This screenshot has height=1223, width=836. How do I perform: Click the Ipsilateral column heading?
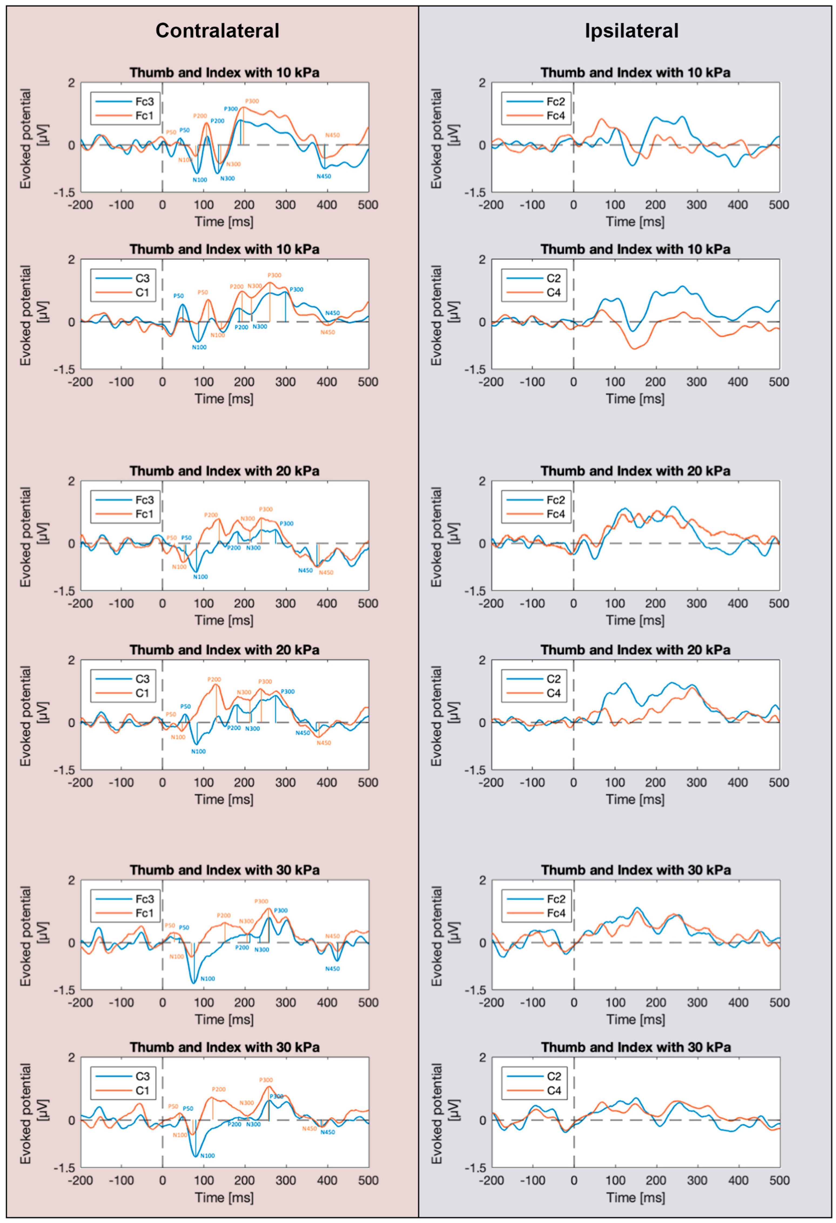(631, 31)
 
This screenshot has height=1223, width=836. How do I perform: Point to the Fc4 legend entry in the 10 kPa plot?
(555, 116)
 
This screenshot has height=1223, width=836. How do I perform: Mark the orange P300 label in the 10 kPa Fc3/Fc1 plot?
(252, 101)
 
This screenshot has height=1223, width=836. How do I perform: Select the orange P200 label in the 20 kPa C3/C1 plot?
(214, 679)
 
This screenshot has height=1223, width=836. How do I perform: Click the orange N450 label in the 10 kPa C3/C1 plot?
(327, 332)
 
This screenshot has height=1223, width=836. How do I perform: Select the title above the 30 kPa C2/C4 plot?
(636, 1047)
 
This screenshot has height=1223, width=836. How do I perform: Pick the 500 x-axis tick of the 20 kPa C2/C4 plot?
(779, 783)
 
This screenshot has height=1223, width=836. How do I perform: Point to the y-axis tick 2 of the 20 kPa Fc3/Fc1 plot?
(71, 481)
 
